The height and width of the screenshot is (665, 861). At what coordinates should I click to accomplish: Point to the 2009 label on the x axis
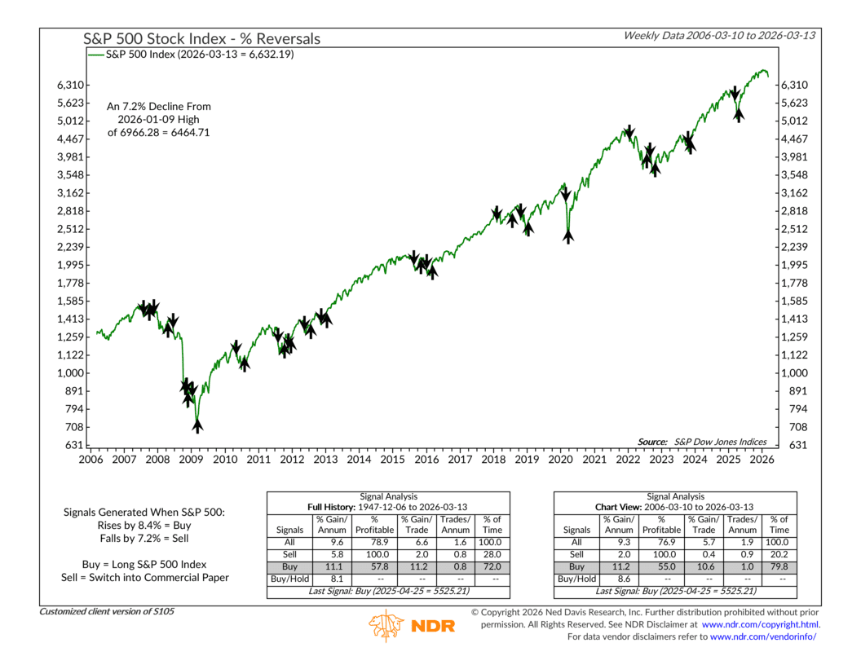point(191,460)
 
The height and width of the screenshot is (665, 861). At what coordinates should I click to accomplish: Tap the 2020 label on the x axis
point(561,460)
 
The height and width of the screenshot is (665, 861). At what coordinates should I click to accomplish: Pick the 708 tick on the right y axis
point(793,427)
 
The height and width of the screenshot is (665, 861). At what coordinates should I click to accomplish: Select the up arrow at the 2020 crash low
point(567,236)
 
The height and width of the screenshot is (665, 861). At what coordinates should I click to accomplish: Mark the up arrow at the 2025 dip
point(739,114)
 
